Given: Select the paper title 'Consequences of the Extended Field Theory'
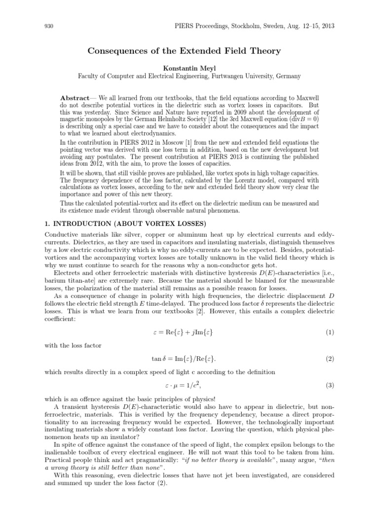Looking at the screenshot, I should pos(184,51).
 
